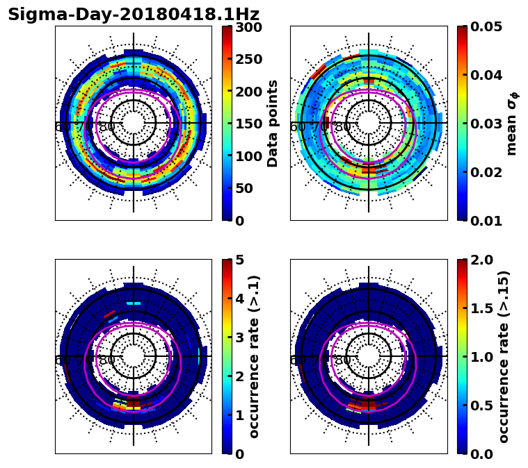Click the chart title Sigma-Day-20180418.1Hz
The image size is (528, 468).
[134, 15]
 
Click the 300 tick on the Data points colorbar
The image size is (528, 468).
[248, 27]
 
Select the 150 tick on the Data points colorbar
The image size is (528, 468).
[248, 124]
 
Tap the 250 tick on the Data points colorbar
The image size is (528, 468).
[248, 59]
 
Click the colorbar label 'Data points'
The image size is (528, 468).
[273, 124]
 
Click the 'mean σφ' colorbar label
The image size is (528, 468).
[511, 124]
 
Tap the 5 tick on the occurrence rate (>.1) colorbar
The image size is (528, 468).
[239, 260]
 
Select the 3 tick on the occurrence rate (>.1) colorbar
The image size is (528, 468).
[239, 338]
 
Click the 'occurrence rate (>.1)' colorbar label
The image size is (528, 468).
[254, 357]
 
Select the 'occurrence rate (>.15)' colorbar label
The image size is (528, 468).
[504, 357]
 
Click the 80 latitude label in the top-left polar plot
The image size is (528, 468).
[106, 127]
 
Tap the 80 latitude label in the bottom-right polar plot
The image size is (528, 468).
[342, 360]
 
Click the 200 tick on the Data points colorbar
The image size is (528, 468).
[248, 92]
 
